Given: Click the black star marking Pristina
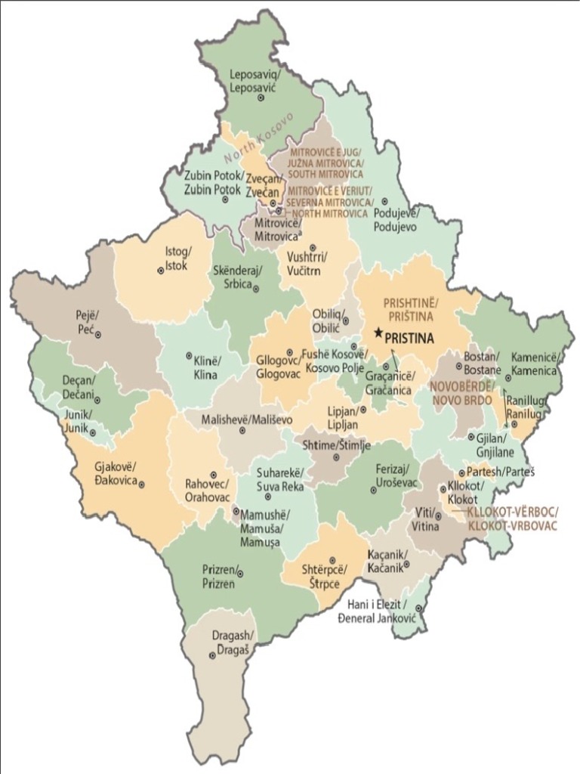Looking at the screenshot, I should (378, 333).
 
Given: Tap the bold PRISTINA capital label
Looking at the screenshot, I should (410, 339).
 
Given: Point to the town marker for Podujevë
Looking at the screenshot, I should (384, 202).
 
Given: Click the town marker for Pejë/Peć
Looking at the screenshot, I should (98, 334).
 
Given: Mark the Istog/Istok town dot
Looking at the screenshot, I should (160, 271).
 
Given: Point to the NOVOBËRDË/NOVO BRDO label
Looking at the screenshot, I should (462, 392).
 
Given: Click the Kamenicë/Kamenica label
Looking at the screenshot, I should (534, 364).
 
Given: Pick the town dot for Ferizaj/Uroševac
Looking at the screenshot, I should (374, 490).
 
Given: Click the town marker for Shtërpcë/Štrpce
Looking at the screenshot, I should (332, 560).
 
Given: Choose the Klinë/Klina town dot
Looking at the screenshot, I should (189, 355).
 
